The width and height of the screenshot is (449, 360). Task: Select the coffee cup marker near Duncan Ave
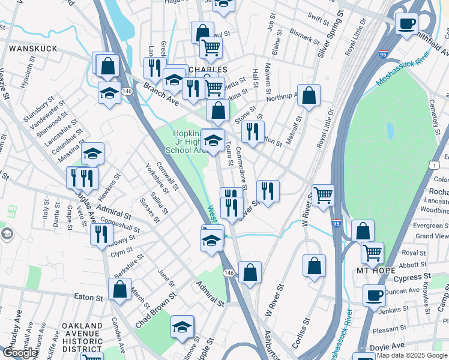click(x=375, y=295)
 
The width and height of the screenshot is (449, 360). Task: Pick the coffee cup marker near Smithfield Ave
click(x=406, y=23)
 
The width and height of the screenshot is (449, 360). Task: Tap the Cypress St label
click(x=409, y=278)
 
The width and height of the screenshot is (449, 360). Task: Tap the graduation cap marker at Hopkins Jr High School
click(x=212, y=141)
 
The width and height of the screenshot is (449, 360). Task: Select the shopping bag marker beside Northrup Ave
click(x=309, y=95)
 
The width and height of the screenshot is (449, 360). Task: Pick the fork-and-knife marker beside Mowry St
click(x=101, y=233)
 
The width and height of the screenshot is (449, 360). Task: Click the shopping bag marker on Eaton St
click(x=120, y=290)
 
